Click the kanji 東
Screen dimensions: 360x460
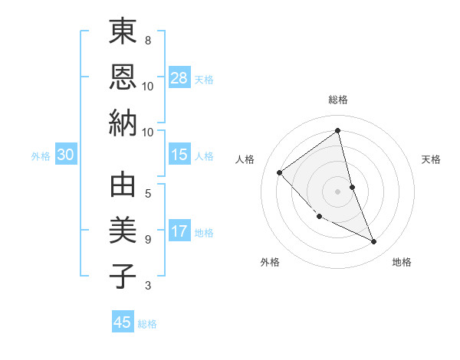[123, 32]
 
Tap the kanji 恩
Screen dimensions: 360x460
[123, 77]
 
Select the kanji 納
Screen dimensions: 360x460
[123, 123]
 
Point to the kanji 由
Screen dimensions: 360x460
[123, 185]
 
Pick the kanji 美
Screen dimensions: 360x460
[123, 231]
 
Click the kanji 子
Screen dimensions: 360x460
[123, 276]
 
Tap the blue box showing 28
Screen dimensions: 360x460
[179, 77]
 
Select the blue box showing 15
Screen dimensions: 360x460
[179, 155]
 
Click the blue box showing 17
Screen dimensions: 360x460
[179, 231]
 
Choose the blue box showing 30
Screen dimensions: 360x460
[65, 155]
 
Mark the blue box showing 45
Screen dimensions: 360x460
[123, 322]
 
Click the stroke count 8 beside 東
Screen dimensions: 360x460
[148, 40]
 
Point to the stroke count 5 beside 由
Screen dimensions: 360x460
[148, 193]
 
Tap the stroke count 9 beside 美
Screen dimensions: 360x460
[148, 239]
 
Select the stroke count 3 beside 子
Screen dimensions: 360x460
[148, 286]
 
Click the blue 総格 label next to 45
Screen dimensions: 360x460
[147, 324]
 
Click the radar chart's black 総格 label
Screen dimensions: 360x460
[337, 100]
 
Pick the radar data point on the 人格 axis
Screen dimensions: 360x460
[280, 172]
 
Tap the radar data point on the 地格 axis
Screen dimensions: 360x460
[374, 242]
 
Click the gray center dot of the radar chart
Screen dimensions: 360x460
[337, 191]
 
